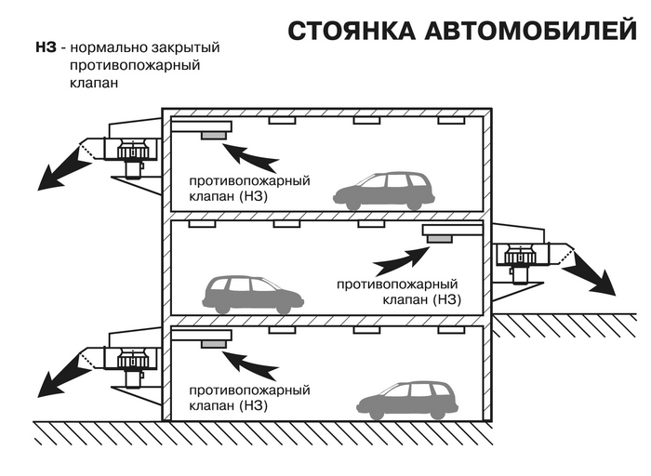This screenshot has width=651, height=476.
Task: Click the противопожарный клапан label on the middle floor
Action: point(399,290)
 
